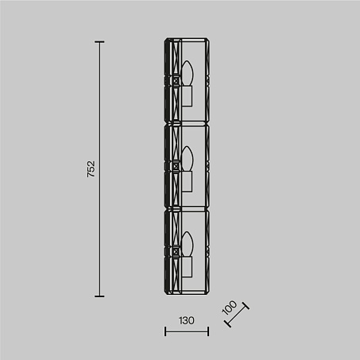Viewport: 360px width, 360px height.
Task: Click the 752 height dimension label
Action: [91, 169]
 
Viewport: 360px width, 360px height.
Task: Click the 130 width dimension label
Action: [187, 320]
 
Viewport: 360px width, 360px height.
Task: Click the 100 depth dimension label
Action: [230, 308]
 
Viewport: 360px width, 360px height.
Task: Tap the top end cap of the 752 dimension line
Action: [99, 42]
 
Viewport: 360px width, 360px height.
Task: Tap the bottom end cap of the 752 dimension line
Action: [99, 296]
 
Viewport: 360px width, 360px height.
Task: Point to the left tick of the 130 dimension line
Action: [165, 331]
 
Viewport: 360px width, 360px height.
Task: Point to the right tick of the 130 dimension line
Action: [208, 331]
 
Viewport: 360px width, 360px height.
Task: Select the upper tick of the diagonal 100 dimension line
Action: [245, 306]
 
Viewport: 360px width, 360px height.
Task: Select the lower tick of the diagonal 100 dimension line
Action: [227, 323]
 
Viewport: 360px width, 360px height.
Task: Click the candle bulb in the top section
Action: [188, 73]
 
